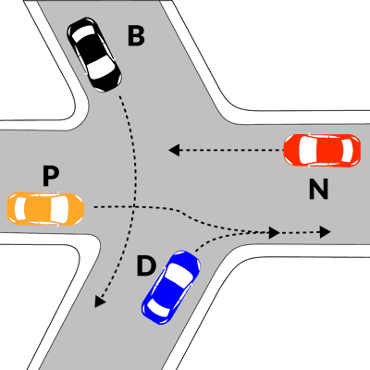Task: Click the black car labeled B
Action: tap(94, 55)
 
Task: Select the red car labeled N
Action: tap(322, 151)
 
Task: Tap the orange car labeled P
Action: tap(45, 208)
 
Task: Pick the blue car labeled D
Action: tap(171, 287)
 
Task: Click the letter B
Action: tap(136, 36)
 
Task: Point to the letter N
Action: tap(318, 189)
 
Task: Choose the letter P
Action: tap(51, 176)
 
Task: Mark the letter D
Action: tap(146, 265)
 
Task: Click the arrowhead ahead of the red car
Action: tap(174, 150)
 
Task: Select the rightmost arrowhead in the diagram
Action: tap(326, 231)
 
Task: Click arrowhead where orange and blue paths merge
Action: tap(274, 232)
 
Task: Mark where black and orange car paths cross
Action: tap(134, 206)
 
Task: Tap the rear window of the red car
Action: tap(348, 151)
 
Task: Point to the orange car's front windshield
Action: tap(61, 208)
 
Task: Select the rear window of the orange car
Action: tap(20, 208)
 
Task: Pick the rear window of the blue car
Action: tap(157, 308)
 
